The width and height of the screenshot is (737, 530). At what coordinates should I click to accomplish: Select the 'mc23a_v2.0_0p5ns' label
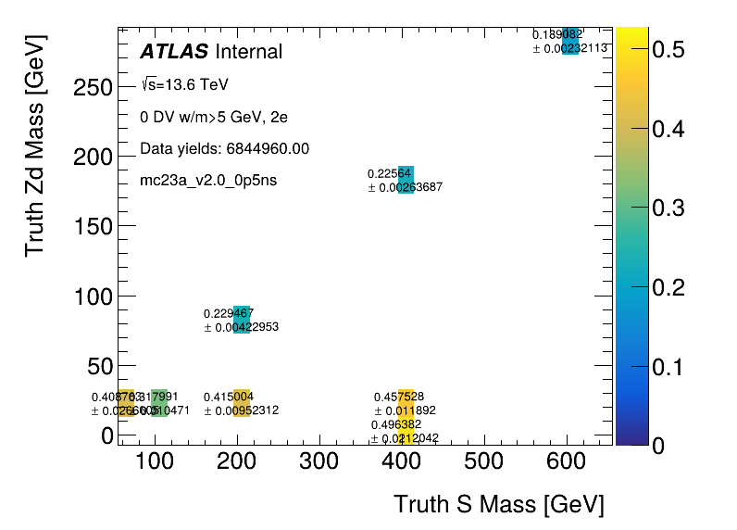(x=208, y=180)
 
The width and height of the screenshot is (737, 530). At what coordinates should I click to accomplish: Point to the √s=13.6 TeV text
(x=184, y=85)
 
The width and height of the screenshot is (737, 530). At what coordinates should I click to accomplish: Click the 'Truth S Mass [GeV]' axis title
(x=499, y=505)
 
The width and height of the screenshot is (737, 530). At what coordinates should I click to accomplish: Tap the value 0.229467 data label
(x=229, y=313)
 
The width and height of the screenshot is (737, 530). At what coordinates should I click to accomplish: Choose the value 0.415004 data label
(x=229, y=397)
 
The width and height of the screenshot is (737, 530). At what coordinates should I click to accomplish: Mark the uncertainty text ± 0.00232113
(x=569, y=48)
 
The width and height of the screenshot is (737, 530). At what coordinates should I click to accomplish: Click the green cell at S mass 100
(x=159, y=403)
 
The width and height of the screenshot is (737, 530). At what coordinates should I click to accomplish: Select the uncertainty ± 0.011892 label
(x=405, y=410)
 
